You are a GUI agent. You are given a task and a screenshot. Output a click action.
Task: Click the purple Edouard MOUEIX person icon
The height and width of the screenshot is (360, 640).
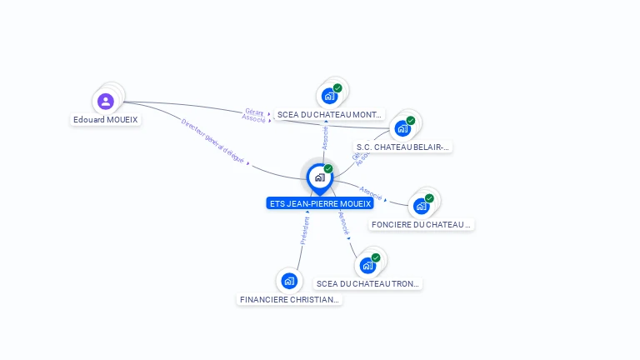pos(106,102)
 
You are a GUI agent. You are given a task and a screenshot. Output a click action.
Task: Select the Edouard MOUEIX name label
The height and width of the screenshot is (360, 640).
pos(106,120)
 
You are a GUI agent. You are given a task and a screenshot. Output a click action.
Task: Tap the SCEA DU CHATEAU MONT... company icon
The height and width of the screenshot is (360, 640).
pos(329,96)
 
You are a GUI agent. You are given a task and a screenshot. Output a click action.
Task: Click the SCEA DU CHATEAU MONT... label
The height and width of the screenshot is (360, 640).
pos(330,114)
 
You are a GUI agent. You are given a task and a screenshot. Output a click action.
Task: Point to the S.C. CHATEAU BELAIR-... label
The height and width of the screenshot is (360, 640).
pos(403,147)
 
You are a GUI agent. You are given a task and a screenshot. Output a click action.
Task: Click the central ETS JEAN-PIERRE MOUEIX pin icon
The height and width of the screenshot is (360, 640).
pos(319,177)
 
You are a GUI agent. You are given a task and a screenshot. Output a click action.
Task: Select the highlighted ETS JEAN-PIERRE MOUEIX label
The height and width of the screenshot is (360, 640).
pos(320,203)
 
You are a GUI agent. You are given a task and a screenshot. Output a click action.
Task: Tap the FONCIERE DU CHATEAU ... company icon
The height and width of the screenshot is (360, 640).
pos(421,206)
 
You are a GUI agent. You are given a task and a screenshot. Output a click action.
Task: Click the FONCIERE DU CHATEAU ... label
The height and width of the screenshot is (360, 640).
pos(422,224)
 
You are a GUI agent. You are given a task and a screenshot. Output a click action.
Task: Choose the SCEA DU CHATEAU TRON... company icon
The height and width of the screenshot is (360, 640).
pos(367,266)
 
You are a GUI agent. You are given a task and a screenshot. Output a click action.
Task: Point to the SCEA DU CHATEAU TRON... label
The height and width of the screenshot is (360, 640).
pos(368,284)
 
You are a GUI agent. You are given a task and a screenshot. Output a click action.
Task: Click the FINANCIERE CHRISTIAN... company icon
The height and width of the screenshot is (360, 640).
pos(289,281)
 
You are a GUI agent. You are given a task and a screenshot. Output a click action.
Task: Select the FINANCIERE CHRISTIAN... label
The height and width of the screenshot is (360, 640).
pos(290,299)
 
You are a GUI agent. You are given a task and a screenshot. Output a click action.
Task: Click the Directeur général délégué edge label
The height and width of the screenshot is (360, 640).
pos(213,141)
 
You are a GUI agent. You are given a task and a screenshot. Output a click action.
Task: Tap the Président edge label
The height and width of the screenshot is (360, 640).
pos(305,230)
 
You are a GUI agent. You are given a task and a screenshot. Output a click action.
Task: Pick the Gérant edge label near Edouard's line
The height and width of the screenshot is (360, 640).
pos(254,111)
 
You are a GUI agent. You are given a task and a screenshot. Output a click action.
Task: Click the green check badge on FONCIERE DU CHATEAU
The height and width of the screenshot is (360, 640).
pos(429,198)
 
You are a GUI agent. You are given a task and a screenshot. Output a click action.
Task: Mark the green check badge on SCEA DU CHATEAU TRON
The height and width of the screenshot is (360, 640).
pos(376,257)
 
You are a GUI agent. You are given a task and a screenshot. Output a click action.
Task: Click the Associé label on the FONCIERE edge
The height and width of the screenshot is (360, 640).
pos(371,193)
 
